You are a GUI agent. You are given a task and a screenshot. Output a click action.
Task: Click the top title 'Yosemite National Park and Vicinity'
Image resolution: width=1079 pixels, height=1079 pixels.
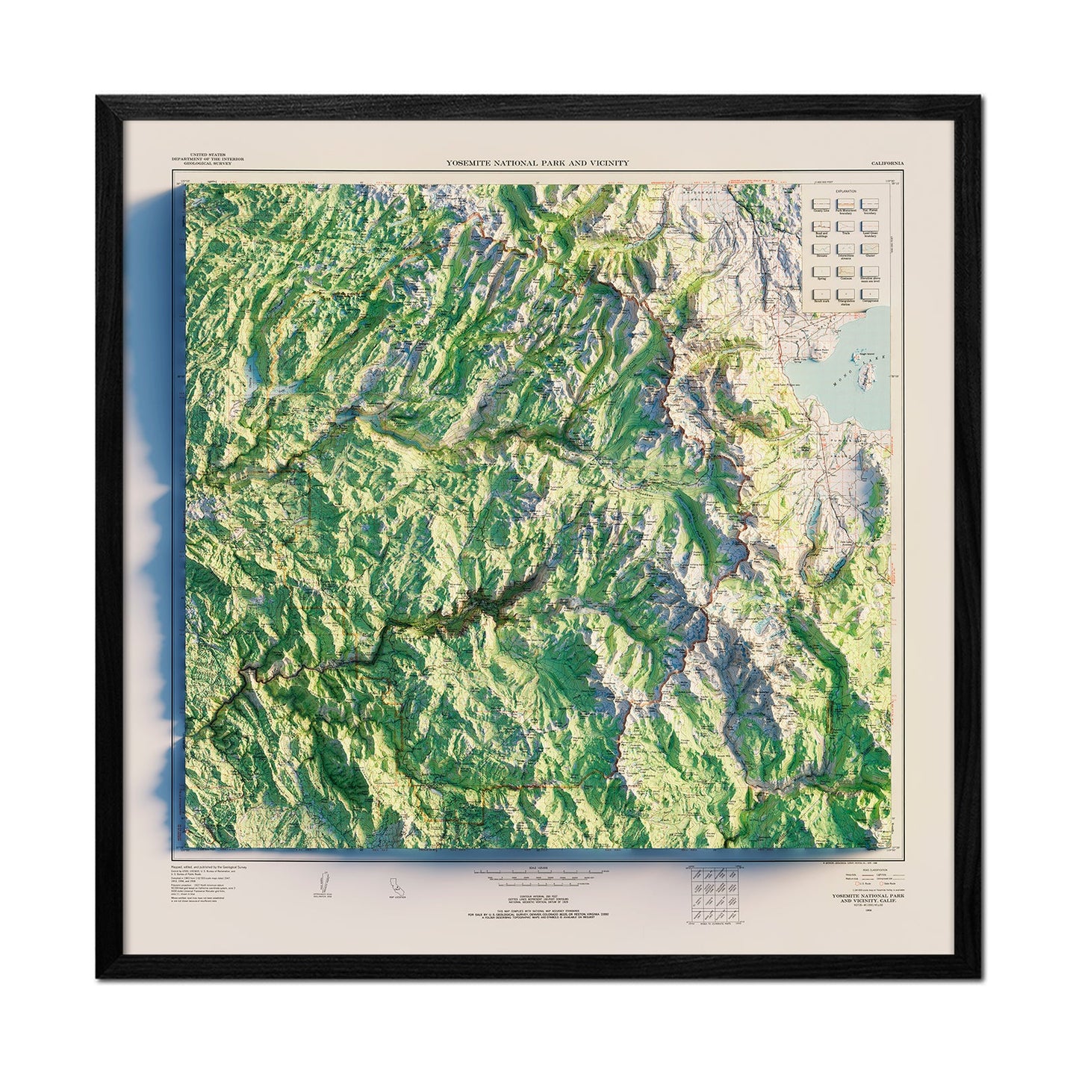pyautogui.click(x=537, y=162)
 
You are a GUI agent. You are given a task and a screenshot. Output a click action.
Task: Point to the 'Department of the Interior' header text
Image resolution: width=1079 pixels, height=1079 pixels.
pyautogui.click(x=202, y=159)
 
